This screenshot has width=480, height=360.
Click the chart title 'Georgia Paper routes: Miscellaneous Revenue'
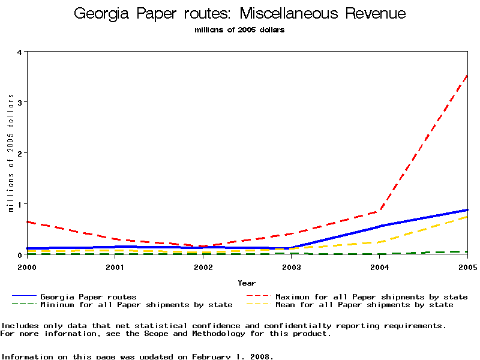click(x=239, y=14)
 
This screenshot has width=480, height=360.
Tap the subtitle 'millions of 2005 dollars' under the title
click(x=239, y=30)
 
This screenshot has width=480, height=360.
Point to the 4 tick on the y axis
click(x=19, y=52)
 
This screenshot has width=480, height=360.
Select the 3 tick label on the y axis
click(x=19, y=103)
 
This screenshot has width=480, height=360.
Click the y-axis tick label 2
click(x=19, y=153)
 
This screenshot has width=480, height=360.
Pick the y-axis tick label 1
click(x=19, y=204)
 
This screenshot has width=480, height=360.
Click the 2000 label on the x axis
click(x=27, y=267)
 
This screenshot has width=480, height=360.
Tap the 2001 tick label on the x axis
click(x=115, y=267)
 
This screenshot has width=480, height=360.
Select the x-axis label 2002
click(x=203, y=267)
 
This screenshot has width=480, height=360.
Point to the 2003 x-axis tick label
click(x=291, y=267)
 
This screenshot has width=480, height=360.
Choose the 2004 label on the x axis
click(x=379, y=267)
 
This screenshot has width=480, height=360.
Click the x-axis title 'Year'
click(x=247, y=283)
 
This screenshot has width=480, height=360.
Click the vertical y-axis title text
click(x=11, y=153)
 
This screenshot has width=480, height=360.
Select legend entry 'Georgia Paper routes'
click(x=88, y=296)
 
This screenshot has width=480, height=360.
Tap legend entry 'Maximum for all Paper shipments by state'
click(x=371, y=296)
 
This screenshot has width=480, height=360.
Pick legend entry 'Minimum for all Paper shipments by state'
click(x=136, y=305)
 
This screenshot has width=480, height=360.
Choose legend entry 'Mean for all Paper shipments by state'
click(x=364, y=305)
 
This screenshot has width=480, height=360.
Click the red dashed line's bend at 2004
click(x=380, y=211)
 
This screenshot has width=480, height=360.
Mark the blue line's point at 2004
click(x=380, y=226)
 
